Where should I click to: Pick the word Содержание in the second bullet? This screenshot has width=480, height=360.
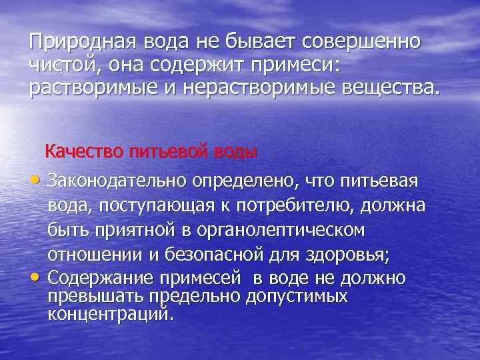pos(100,277)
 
